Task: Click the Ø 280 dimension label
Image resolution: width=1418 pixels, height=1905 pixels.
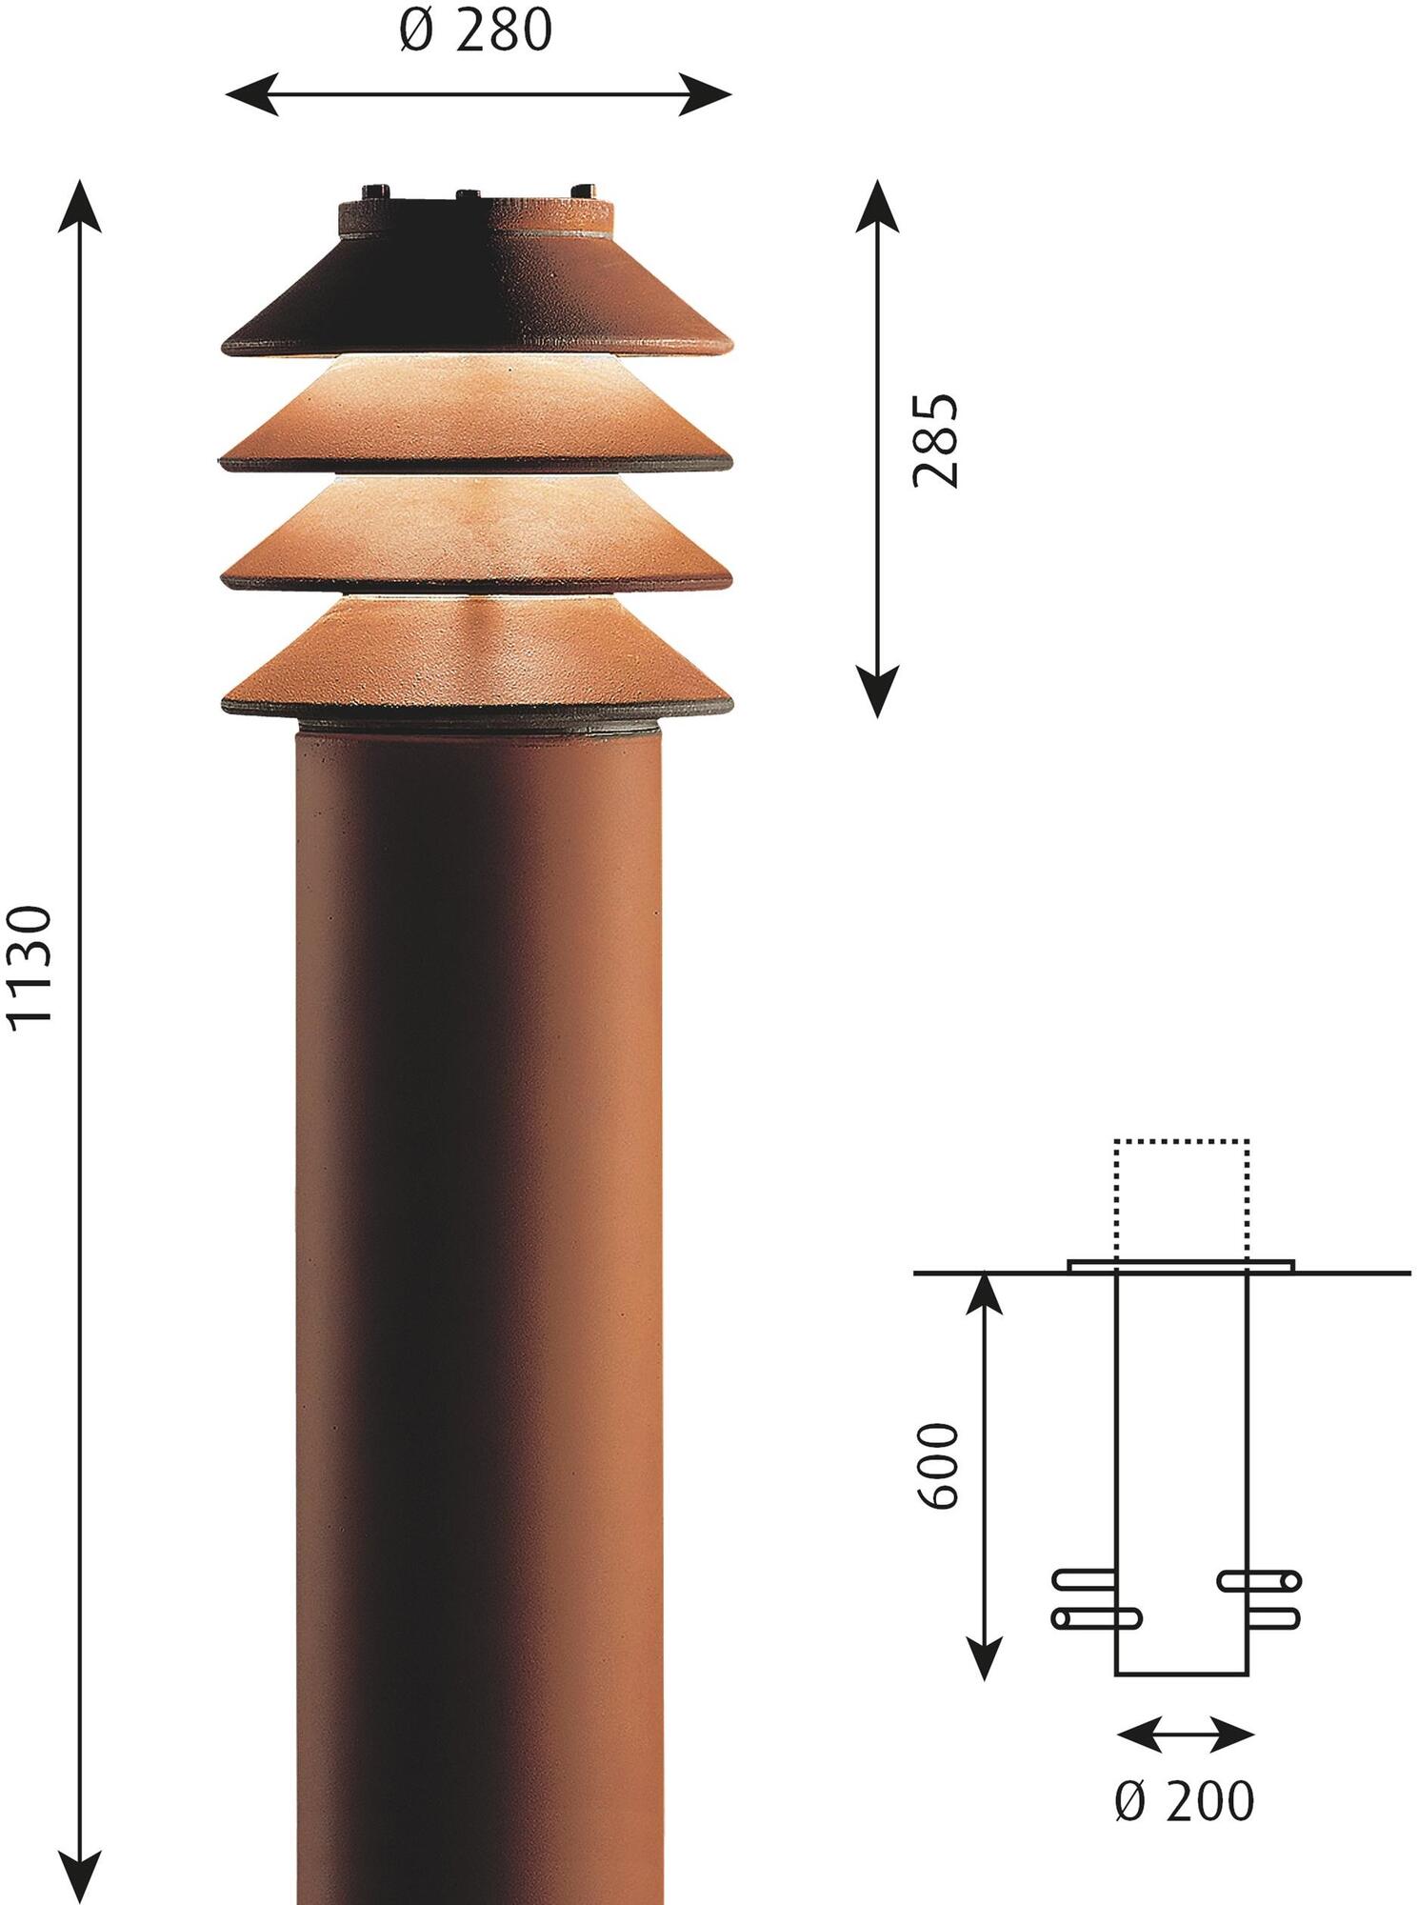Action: coord(474,30)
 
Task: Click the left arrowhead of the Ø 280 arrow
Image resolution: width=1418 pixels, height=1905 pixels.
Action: coord(250,94)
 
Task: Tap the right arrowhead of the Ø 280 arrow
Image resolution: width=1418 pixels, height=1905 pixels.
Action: coord(707,94)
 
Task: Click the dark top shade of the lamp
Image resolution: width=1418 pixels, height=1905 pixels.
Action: coord(476,295)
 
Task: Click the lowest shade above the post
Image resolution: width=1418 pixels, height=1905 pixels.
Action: coord(476,657)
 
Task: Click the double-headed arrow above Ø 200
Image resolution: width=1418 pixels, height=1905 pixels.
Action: coord(1184,1735)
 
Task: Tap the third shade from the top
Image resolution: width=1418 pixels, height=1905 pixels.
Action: coord(476,533)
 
